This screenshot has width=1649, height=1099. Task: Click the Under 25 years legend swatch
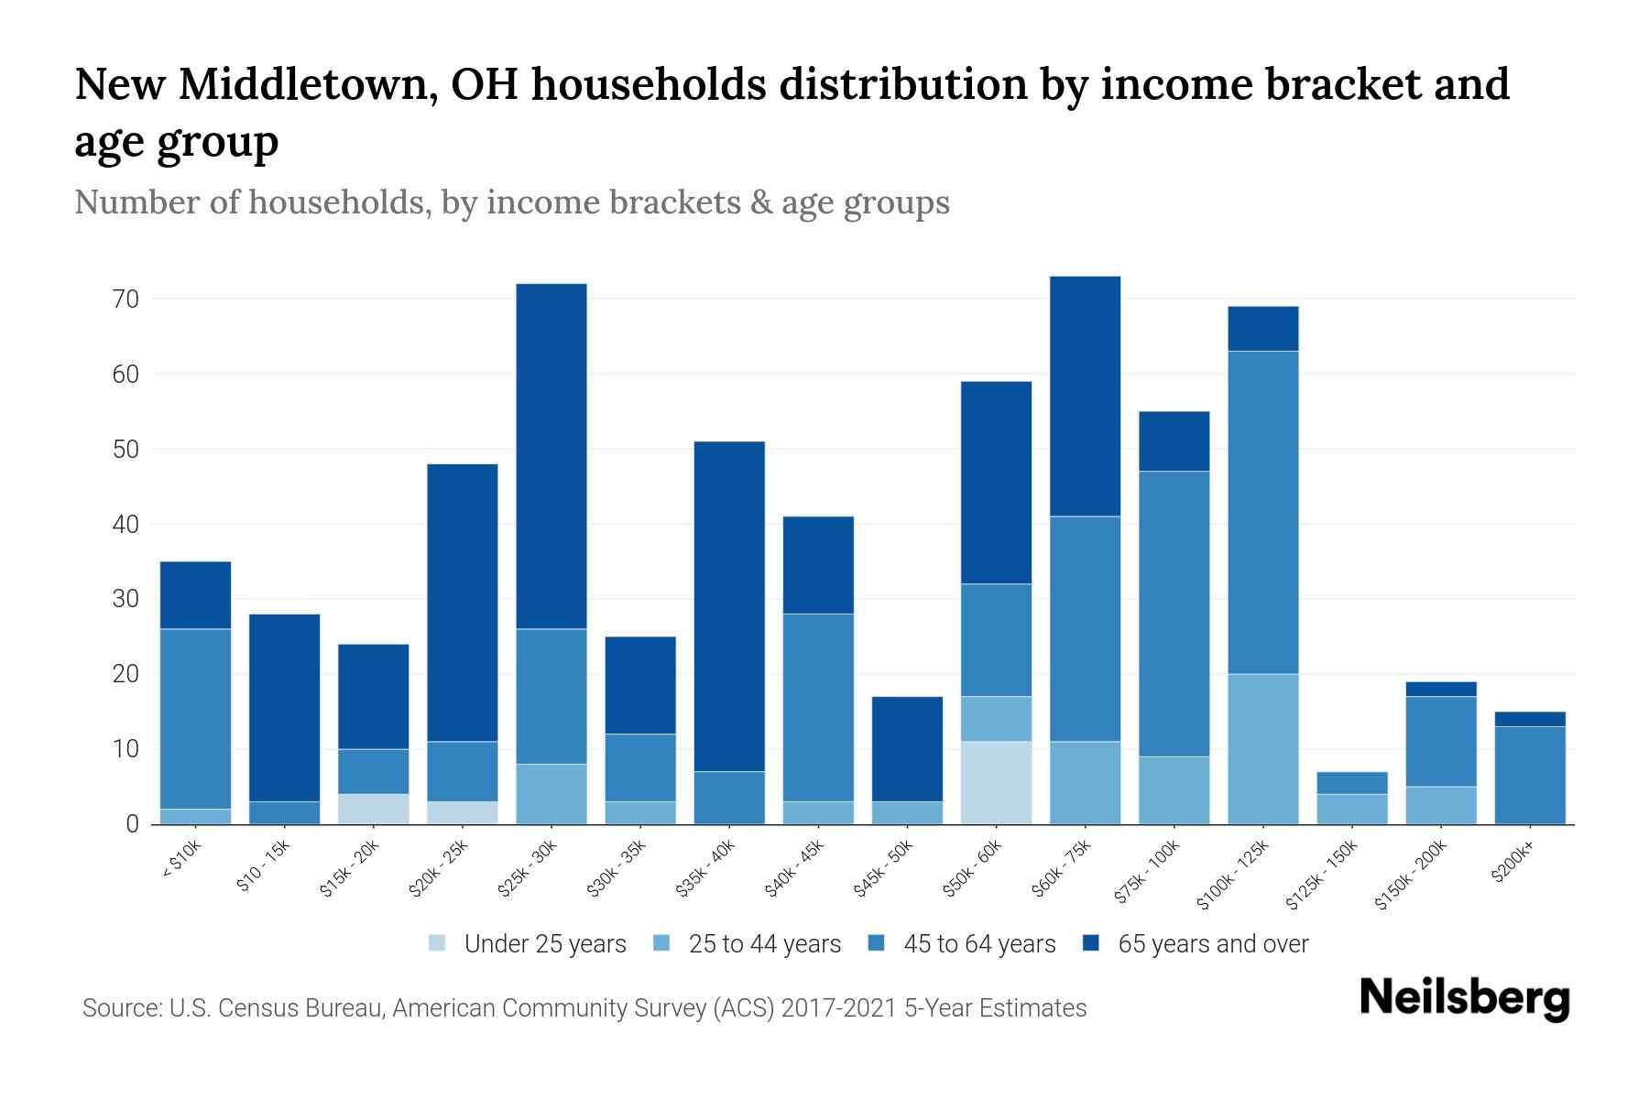pos(437,942)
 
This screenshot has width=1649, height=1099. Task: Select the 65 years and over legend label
pos(1213,943)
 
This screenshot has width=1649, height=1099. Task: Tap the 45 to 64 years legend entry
pos(979,943)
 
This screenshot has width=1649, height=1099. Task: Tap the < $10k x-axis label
pos(182,860)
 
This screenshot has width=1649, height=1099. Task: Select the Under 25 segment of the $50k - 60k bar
pos(996,782)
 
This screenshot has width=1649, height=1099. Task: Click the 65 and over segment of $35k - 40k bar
pos(729,606)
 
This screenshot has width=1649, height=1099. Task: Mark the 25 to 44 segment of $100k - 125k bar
pos(1262,748)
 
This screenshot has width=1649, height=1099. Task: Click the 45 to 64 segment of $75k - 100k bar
pos(1174,614)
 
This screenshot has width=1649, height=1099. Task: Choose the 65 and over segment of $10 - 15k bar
pos(284,707)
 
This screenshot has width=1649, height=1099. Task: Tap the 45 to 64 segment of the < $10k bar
pos(195,719)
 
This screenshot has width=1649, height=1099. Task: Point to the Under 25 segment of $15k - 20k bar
pos(373,809)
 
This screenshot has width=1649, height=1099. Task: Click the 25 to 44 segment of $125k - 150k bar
pos(1351,809)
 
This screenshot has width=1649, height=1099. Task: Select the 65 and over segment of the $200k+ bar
pos(1529,719)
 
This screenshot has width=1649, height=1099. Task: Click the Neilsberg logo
pos(1464,998)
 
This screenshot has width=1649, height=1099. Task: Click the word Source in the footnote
pos(120,1008)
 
